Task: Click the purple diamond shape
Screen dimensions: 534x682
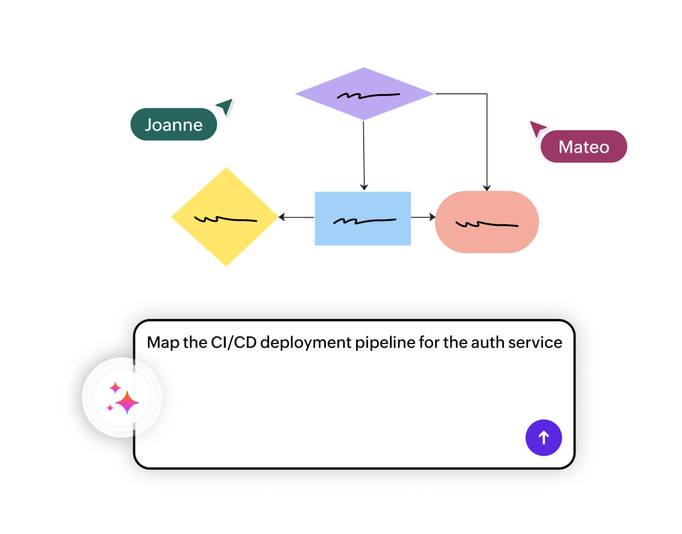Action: coord(364,94)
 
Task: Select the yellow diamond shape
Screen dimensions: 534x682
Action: coord(225,217)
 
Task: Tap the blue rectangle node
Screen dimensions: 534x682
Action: coord(363,218)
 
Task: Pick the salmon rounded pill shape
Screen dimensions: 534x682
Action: coord(487,222)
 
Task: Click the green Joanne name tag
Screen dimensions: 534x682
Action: coord(174,125)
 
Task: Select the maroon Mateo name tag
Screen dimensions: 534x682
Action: coord(583,147)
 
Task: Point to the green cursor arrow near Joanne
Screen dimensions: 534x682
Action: coord(225,106)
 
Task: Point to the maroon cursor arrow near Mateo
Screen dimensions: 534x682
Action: coord(537,128)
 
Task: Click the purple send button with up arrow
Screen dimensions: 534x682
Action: coord(543,438)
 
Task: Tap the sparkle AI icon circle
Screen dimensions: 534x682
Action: coord(122,398)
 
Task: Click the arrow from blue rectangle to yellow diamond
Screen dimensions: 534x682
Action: coord(296,217)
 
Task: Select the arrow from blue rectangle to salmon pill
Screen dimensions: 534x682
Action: coord(423,217)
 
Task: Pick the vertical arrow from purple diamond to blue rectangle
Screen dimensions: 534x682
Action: coord(364,154)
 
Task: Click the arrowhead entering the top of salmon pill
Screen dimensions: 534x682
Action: coord(487,187)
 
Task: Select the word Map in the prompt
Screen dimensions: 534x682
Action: coord(162,342)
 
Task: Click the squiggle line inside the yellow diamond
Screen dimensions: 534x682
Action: coord(225,219)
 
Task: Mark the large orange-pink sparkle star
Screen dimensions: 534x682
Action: coord(127,402)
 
